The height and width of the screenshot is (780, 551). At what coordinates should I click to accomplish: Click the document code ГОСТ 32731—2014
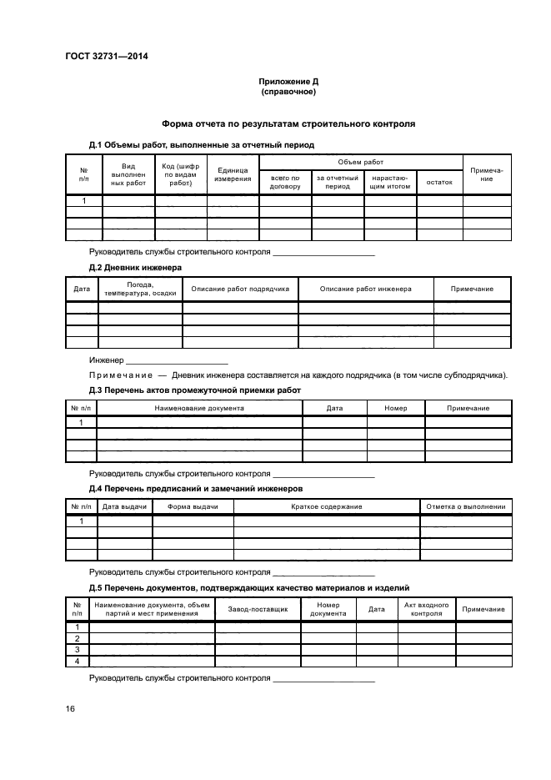pyautogui.click(x=100, y=58)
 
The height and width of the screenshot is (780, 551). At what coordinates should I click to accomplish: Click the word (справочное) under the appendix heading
pyautogui.click(x=288, y=93)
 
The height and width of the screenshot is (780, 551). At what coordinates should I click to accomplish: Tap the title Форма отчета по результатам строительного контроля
pyautogui.click(x=288, y=123)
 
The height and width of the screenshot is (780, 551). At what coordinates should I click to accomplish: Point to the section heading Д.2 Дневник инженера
pyautogui.click(x=136, y=267)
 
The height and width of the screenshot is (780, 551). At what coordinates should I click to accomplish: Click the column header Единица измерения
pyautogui.click(x=233, y=174)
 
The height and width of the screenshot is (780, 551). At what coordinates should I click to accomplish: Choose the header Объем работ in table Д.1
pyautogui.click(x=360, y=162)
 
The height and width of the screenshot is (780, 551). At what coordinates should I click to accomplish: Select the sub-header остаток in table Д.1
pyautogui.click(x=438, y=182)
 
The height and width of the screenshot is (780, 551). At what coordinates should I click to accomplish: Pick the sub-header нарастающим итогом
pyautogui.click(x=389, y=182)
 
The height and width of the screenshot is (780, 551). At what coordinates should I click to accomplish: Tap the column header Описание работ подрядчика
pyautogui.click(x=240, y=289)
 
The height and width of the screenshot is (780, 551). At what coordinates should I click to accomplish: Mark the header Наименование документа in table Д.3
pyautogui.click(x=199, y=409)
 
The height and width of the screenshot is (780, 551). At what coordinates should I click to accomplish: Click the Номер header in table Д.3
pyautogui.click(x=395, y=409)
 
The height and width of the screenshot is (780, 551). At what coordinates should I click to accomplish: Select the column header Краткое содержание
pyautogui.click(x=326, y=507)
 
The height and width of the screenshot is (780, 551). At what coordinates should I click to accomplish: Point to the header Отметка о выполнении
pyautogui.click(x=465, y=507)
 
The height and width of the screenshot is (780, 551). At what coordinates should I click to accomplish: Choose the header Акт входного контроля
pyautogui.click(x=426, y=610)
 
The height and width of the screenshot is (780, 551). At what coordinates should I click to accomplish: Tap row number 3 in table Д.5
pyautogui.click(x=77, y=649)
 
